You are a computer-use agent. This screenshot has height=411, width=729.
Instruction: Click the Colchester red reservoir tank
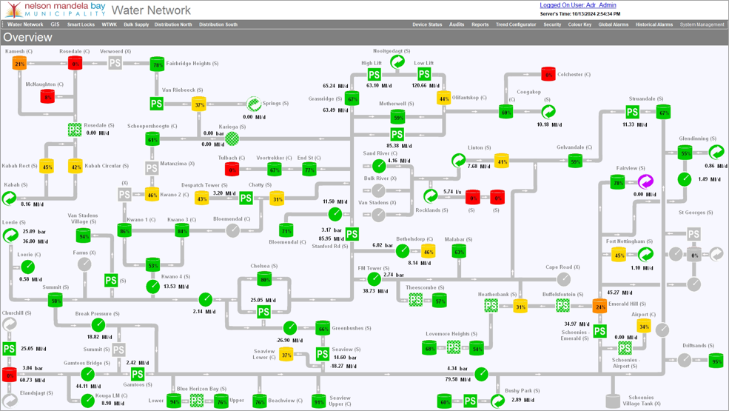(548, 74)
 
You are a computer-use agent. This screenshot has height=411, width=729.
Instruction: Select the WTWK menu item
(109, 24)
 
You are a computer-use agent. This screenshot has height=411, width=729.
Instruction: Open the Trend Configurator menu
(516, 24)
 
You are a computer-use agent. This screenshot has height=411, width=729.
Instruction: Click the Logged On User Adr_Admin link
(577, 5)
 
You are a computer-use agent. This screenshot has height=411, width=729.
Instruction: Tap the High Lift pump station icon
(374, 75)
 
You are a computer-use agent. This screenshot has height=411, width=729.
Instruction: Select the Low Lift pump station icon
(423, 75)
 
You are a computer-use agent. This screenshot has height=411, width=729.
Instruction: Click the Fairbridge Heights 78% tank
(157, 65)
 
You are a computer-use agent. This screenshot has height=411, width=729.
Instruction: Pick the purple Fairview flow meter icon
(645, 181)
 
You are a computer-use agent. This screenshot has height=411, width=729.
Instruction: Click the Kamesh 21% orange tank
(19, 64)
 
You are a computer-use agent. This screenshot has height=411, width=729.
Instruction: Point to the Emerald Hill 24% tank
(599, 305)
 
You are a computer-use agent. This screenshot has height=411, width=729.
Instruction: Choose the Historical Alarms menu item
(654, 24)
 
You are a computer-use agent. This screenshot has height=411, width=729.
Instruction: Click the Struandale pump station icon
(632, 112)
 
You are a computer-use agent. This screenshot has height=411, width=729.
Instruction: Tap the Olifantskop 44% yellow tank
(444, 98)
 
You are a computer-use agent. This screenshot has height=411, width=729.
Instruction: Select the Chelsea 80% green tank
(264, 279)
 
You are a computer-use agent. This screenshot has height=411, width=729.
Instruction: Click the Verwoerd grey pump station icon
(115, 64)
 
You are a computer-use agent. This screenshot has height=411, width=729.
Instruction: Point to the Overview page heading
(27, 38)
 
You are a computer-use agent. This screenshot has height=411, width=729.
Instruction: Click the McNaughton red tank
(47, 97)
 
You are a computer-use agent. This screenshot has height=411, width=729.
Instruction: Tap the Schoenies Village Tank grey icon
(613, 401)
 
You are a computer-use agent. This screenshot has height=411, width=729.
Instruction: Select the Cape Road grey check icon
(564, 279)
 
